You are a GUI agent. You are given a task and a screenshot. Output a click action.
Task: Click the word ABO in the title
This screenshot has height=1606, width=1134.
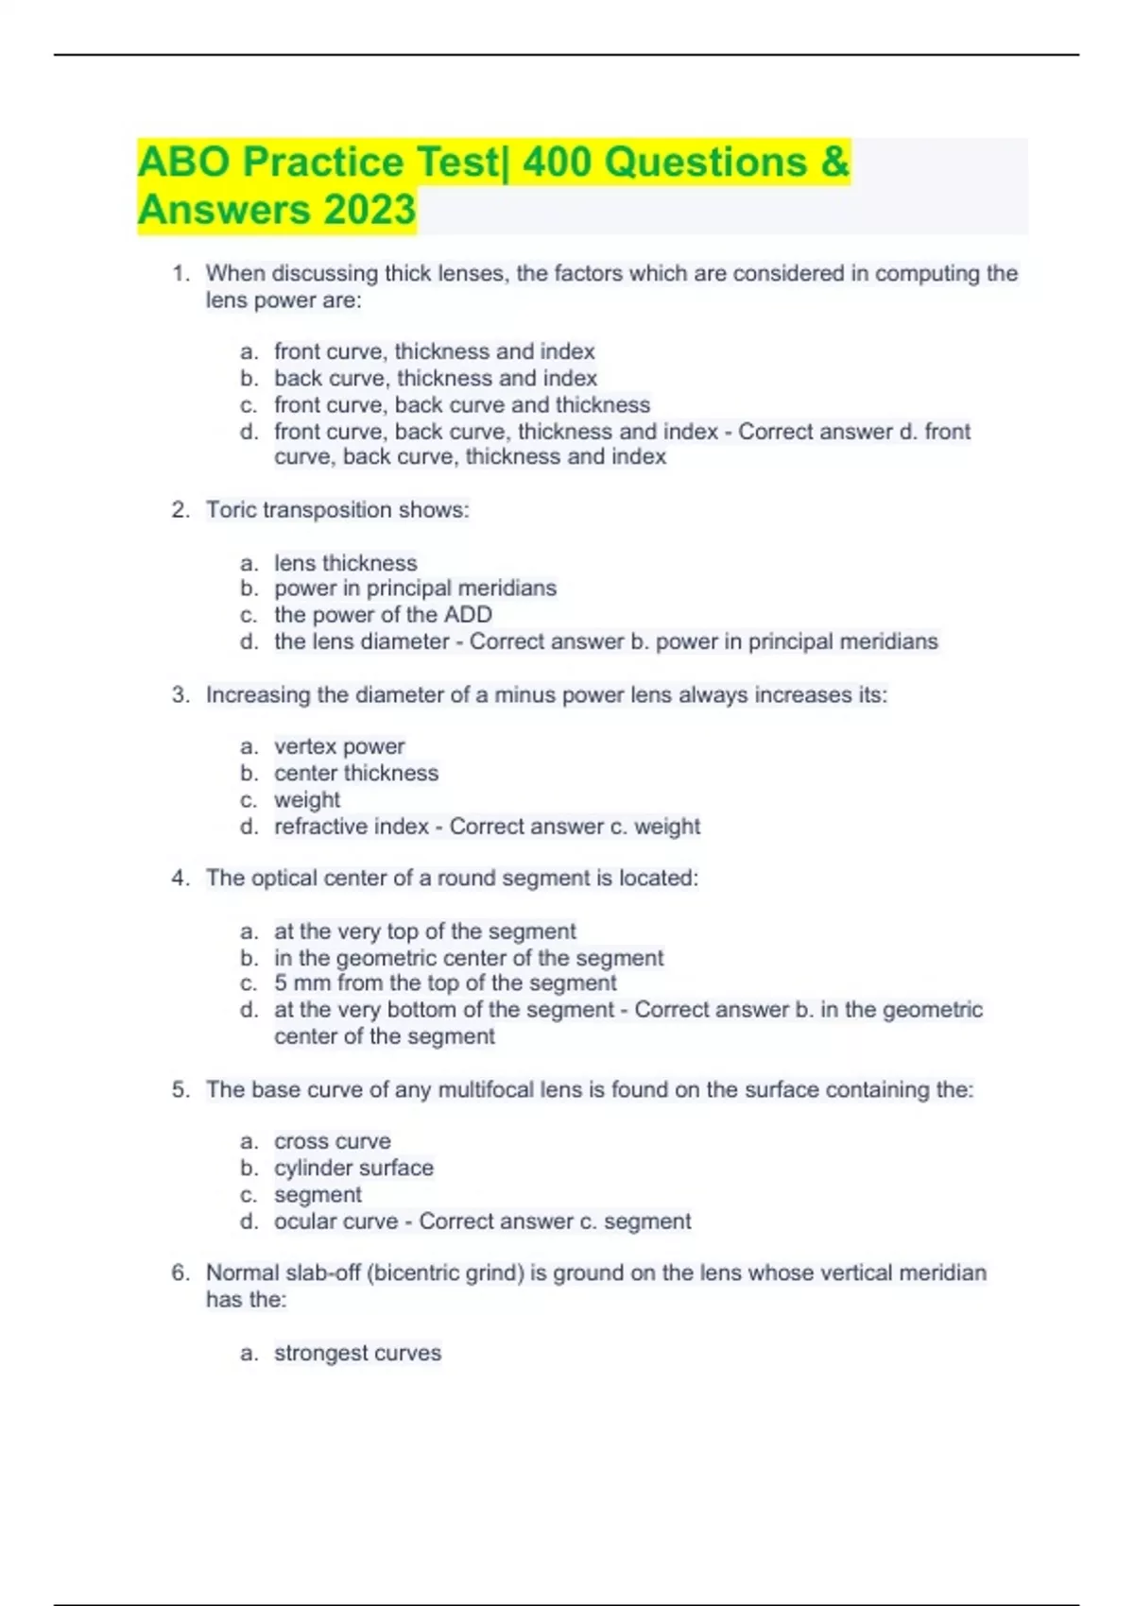pos(183,162)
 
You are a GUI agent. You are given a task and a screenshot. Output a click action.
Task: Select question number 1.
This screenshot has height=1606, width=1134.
pos(180,274)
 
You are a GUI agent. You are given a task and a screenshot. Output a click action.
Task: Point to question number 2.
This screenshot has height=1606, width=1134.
pos(180,510)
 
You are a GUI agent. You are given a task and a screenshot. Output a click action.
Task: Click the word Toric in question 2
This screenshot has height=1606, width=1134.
pos(232,510)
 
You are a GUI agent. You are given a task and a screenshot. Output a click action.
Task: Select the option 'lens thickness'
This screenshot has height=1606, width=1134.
pos(345,563)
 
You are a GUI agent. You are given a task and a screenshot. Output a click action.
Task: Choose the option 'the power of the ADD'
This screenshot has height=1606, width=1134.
pos(383,615)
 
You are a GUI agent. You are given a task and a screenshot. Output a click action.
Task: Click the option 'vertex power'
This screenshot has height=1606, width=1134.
pos(339,746)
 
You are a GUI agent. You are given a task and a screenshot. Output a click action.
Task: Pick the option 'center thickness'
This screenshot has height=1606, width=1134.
pos(356,773)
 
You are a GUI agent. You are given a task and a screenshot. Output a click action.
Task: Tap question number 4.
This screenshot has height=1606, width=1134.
pos(180,879)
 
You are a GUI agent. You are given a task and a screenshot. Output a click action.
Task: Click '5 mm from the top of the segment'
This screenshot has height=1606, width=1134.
pos(445,983)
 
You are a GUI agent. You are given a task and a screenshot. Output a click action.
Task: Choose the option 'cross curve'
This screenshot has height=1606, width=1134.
pos(332,1141)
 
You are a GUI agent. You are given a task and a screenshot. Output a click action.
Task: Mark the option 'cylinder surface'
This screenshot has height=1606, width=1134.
pos(353,1168)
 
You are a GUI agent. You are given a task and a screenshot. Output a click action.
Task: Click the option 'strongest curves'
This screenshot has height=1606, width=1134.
pos(357,1353)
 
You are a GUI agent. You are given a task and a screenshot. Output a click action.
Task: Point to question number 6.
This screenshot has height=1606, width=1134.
pos(180,1273)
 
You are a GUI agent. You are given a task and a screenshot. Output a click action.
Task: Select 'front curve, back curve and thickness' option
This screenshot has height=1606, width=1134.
pos(462,405)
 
